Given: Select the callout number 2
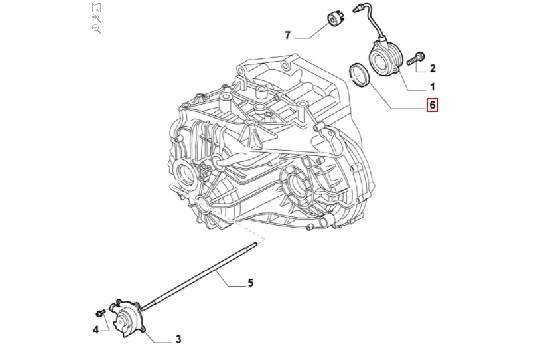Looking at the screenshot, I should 433,69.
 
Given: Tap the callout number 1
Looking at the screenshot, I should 433,87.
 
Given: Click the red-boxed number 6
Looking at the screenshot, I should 432,105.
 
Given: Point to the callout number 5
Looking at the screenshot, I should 250,283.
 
